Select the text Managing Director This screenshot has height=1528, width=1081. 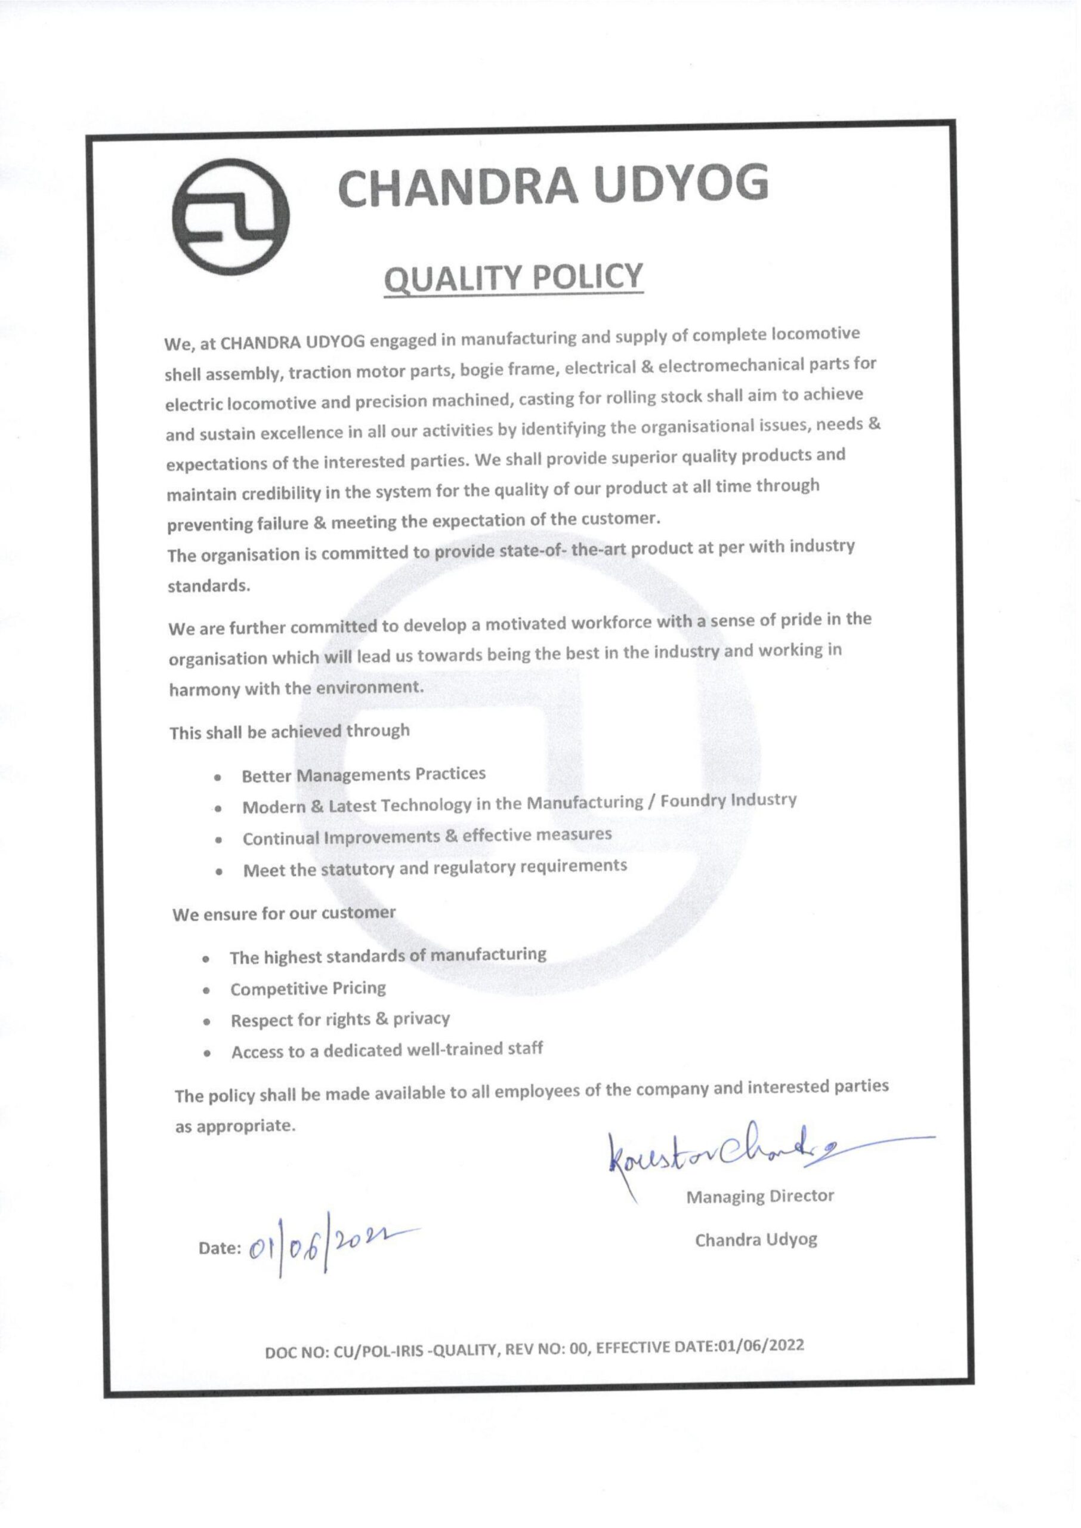tap(759, 1196)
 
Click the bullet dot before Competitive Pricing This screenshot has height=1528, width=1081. tap(208, 990)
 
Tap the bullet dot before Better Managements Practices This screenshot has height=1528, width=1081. tap(218, 777)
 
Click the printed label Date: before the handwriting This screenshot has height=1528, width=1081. tap(220, 1249)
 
